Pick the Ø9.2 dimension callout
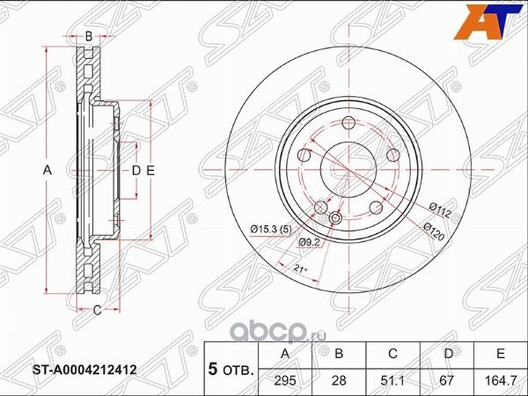(308, 241)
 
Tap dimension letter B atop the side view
(88, 36)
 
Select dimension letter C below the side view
(97, 308)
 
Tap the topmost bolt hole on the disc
(348, 122)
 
